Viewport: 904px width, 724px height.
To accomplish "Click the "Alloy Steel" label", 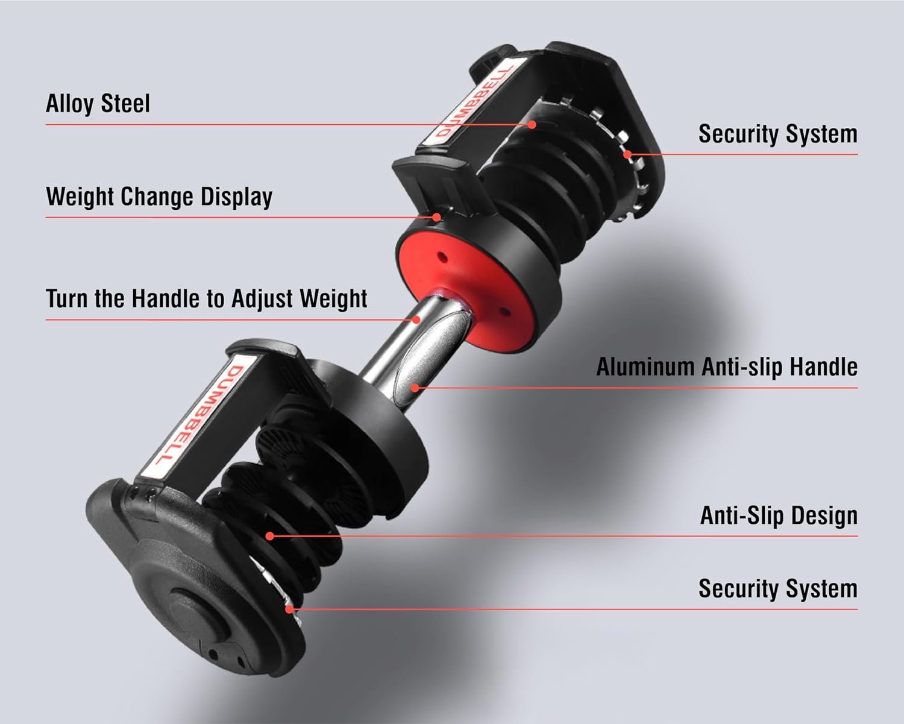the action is [98, 103].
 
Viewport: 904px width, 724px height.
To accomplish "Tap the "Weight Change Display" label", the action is [159, 197].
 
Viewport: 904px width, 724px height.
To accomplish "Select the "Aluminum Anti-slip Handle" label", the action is [727, 367].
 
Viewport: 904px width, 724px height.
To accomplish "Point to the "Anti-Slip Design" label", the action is [779, 515].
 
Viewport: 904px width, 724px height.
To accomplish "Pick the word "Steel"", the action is [125, 103].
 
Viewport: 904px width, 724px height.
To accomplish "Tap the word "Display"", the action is [236, 197].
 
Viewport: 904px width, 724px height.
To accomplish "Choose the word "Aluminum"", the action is [645, 367].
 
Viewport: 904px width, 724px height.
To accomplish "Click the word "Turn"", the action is [67, 298].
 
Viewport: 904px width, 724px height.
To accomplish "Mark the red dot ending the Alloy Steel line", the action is [532, 124].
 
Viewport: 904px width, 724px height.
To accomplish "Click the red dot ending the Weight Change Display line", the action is [437, 217].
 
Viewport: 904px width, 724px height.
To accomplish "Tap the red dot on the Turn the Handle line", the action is [416, 320].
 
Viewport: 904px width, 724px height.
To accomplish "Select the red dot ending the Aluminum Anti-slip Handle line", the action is [415, 388].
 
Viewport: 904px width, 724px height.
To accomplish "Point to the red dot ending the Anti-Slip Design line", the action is [270, 536].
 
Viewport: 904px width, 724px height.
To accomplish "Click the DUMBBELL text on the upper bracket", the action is [474, 101].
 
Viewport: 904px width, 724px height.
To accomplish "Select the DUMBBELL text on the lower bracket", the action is [200, 415].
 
